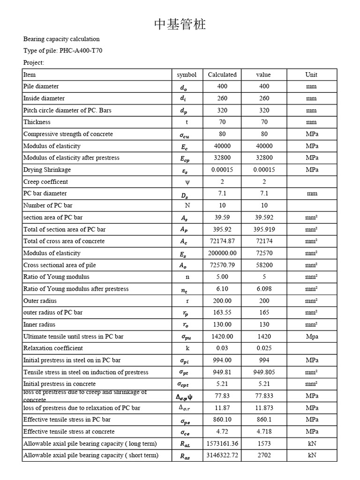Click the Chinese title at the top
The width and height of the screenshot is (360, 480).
tap(180, 25)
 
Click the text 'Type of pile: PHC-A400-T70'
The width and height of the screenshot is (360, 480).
tap(62, 51)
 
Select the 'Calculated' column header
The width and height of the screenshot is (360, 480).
tap(222, 75)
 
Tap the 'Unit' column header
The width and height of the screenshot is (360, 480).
tap(311, 75)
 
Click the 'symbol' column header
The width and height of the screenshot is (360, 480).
tap(187, 75)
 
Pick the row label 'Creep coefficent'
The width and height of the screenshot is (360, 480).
tap(45, 181)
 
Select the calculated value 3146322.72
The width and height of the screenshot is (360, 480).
tap(222, 455)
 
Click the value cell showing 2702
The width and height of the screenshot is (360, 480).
tap(264, 455)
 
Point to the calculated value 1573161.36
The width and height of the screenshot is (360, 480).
tap(222, 443)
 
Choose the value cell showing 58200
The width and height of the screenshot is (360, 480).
tap(264, 265)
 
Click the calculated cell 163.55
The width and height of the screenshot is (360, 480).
tap(222, 312)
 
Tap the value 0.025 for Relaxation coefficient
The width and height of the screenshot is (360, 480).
tap(264, 348)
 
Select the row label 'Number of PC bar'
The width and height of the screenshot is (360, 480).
tap(48, 205)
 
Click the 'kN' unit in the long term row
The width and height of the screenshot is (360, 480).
tap(312, 443)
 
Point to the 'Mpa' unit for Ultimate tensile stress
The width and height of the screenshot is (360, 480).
tap(312, 336)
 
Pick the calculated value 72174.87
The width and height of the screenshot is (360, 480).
tap(222, 241)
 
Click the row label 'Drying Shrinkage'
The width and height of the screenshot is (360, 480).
tap(47, 170)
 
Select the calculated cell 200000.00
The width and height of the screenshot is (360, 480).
tap(222, 253)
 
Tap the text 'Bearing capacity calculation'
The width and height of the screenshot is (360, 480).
tap(61, 39)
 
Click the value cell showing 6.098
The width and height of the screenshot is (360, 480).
tap(264, 289)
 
